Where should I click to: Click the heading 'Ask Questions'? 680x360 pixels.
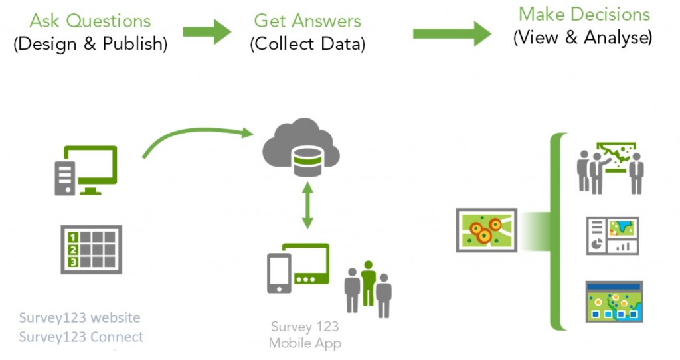(90, 21)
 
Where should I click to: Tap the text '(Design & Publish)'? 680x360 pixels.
(90, 44)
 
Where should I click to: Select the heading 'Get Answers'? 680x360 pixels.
(307, 21)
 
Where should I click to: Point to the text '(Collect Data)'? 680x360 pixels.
(307, 44)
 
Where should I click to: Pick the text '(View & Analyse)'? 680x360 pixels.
(582, 37)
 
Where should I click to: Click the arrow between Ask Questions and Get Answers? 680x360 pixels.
(207, 31)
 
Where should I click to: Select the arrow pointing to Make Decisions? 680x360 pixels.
(452, 33)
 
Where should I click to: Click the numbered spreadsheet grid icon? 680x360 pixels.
(91, 250)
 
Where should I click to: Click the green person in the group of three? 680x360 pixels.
(368, 280)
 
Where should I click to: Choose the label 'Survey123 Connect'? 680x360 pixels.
(81, 337)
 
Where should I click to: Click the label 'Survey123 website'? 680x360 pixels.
(80, 317)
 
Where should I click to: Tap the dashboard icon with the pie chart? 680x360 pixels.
(612, 235)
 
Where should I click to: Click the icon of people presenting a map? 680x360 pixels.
(610, 167)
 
